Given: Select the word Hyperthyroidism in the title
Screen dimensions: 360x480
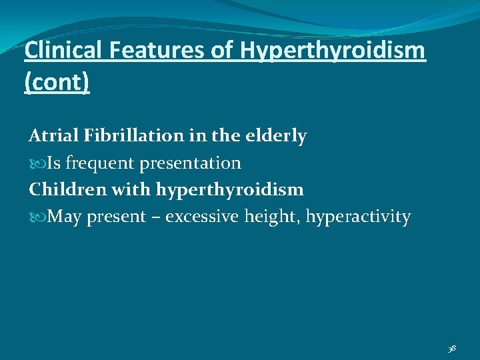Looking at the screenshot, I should (331, 51).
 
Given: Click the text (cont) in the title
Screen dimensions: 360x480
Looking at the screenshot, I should (57, 84).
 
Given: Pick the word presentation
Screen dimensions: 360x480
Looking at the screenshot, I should (190, 163).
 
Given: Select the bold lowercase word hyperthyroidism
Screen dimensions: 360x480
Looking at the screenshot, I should (230, 191).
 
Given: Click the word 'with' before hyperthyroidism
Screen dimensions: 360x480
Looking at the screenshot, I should (133, 190).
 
